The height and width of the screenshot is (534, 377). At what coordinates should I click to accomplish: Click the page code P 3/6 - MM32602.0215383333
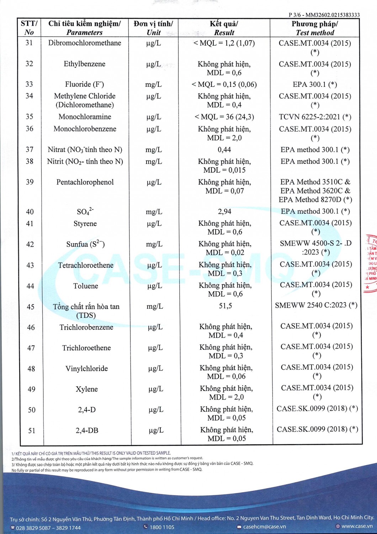324,15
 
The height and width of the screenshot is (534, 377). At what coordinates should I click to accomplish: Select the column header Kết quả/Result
224,28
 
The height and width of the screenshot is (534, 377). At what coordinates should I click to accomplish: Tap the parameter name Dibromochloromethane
85,43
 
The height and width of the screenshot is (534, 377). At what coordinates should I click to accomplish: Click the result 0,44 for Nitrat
224,150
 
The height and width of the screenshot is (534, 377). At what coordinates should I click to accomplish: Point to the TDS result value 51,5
225,306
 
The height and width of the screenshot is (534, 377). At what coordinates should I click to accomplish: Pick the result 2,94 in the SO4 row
225,211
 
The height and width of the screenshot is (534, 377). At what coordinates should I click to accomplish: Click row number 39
30,182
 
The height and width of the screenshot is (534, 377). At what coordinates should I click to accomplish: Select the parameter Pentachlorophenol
85,182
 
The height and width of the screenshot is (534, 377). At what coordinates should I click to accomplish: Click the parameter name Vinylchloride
86,368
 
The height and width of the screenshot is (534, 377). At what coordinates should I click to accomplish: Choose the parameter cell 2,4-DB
87,430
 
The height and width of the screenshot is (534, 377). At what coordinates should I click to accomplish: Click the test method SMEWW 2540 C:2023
316,305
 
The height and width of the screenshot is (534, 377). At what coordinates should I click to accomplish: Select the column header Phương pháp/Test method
315,28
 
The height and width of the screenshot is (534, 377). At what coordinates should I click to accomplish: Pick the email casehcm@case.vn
264,527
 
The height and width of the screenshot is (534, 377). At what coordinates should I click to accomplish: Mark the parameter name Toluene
86,286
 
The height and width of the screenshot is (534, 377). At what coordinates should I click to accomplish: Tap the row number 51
32,431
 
